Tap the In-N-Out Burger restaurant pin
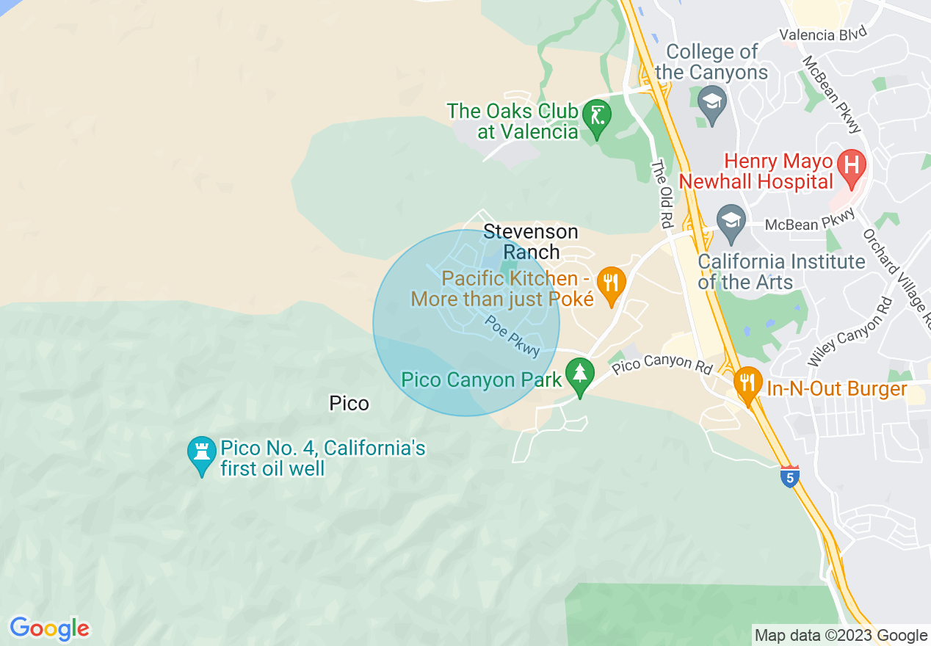click(x=747, y=383)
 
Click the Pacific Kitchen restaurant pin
click(x=610, y=283)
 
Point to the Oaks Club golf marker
click(x=596, y=117)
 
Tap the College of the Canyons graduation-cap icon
click(x=711, y=101)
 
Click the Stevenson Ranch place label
click(x=531, y=242)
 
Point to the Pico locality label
click(x=349, y=403)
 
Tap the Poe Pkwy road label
click(x=512, y=336)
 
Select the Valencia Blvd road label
click(x=823, y=35)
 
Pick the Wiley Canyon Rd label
click(x=850, y=332)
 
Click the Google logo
click(x=49, y=628)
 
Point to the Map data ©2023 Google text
click(x=841, y=636)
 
